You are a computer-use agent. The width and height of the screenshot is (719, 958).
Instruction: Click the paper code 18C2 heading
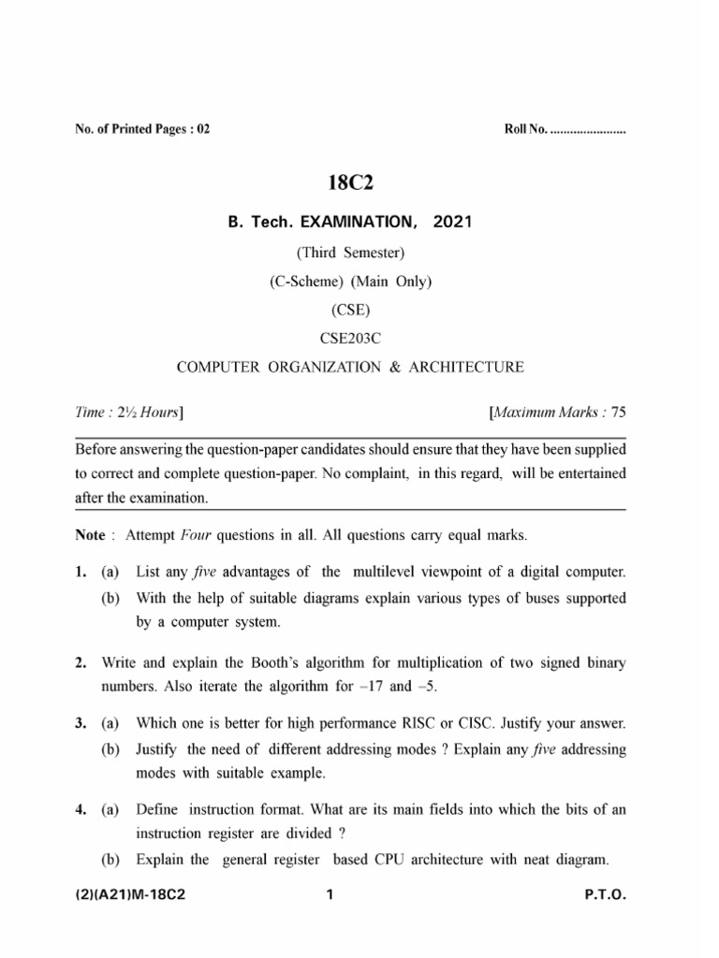350,183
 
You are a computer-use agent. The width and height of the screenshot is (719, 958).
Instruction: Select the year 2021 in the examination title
453,222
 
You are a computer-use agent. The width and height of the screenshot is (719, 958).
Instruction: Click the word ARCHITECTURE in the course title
466,367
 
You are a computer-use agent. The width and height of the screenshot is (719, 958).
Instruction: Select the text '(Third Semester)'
350,252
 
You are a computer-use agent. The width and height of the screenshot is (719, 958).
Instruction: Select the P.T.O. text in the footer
605,895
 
